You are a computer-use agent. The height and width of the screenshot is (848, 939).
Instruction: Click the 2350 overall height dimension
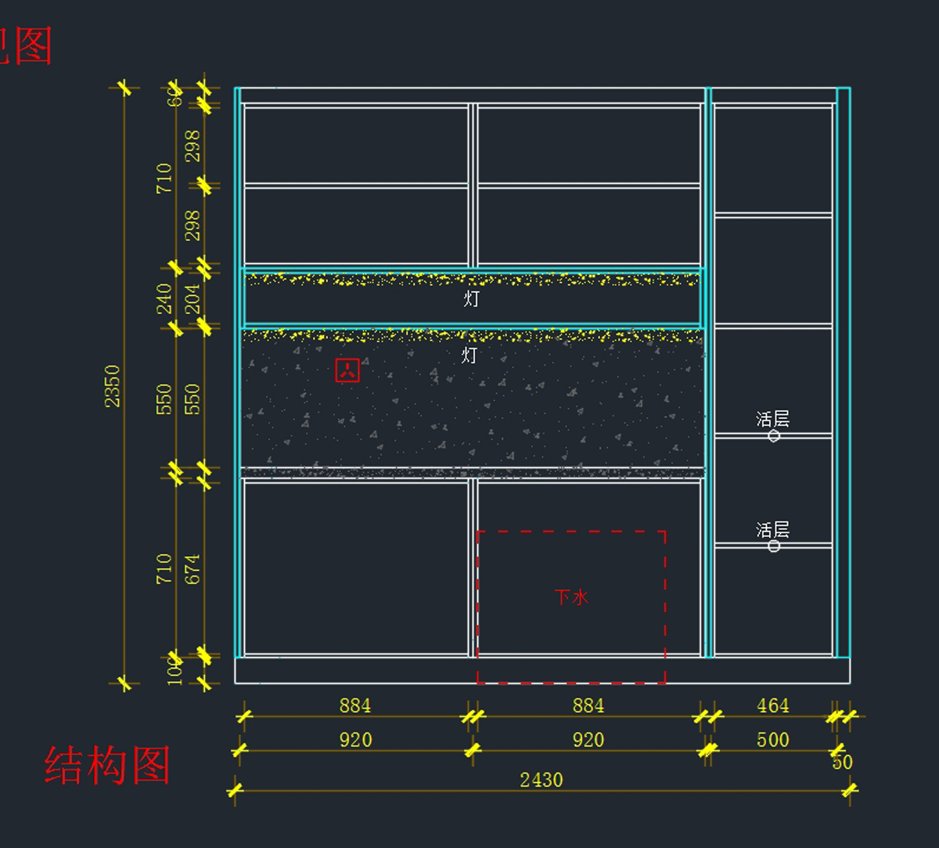coord(113,386)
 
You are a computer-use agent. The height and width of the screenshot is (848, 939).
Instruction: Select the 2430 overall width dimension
coord(541,780)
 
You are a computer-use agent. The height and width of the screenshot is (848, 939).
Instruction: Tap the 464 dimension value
coord(772,705)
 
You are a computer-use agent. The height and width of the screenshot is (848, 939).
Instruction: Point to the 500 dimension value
coord(772,740)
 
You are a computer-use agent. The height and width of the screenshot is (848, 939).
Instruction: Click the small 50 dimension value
coord(842,762)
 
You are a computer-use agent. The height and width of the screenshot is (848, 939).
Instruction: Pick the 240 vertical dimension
coord(164,298)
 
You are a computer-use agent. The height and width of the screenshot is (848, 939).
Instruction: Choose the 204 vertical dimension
coord(192,298)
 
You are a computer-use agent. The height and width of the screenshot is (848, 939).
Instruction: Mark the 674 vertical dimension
coord(192,569)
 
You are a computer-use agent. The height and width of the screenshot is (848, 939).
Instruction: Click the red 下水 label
coord(571,597)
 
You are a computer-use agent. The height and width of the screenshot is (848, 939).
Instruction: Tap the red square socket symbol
coord(347,370)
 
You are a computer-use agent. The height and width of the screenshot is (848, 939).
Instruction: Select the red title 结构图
coord(107,765)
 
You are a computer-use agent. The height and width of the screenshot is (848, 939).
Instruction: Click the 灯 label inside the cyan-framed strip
coord(471,298)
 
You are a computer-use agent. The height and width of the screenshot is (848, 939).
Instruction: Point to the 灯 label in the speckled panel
coord(469,355)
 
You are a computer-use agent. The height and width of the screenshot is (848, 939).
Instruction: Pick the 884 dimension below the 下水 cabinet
coord(588,705)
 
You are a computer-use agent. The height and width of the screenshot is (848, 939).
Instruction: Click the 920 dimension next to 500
coord(588,740)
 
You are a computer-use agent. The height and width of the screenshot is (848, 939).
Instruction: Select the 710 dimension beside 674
coord(164,569)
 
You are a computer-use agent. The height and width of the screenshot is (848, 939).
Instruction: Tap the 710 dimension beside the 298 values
coord(164,179)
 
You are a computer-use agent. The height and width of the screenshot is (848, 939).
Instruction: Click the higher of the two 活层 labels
coord(772,419)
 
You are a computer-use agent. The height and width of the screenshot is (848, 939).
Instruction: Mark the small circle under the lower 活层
coord(774,546)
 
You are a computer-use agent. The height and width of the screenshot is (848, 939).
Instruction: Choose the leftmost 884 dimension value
coord(354,705)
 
